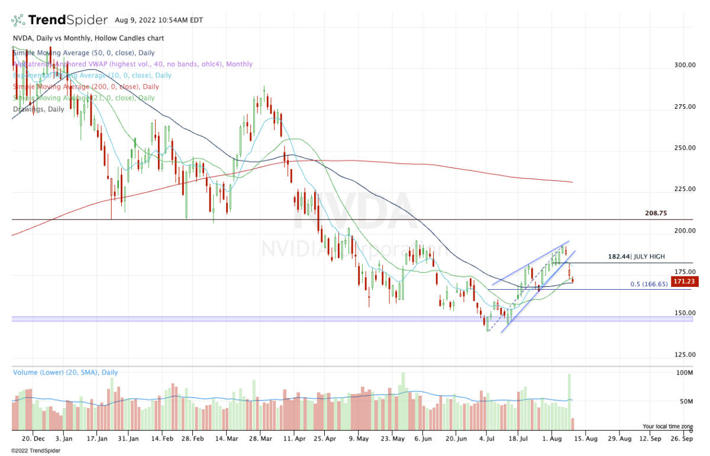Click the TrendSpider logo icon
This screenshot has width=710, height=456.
pos(18,21)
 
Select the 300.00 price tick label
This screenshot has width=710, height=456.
pos(684,65)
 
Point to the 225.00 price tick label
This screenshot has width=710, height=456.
pos(684,189)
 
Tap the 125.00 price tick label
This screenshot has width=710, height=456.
pos(684,355)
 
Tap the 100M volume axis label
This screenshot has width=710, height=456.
pos(685,373)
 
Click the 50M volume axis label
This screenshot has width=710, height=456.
pos(686,402)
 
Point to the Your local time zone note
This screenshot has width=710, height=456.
pos(667,426)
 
